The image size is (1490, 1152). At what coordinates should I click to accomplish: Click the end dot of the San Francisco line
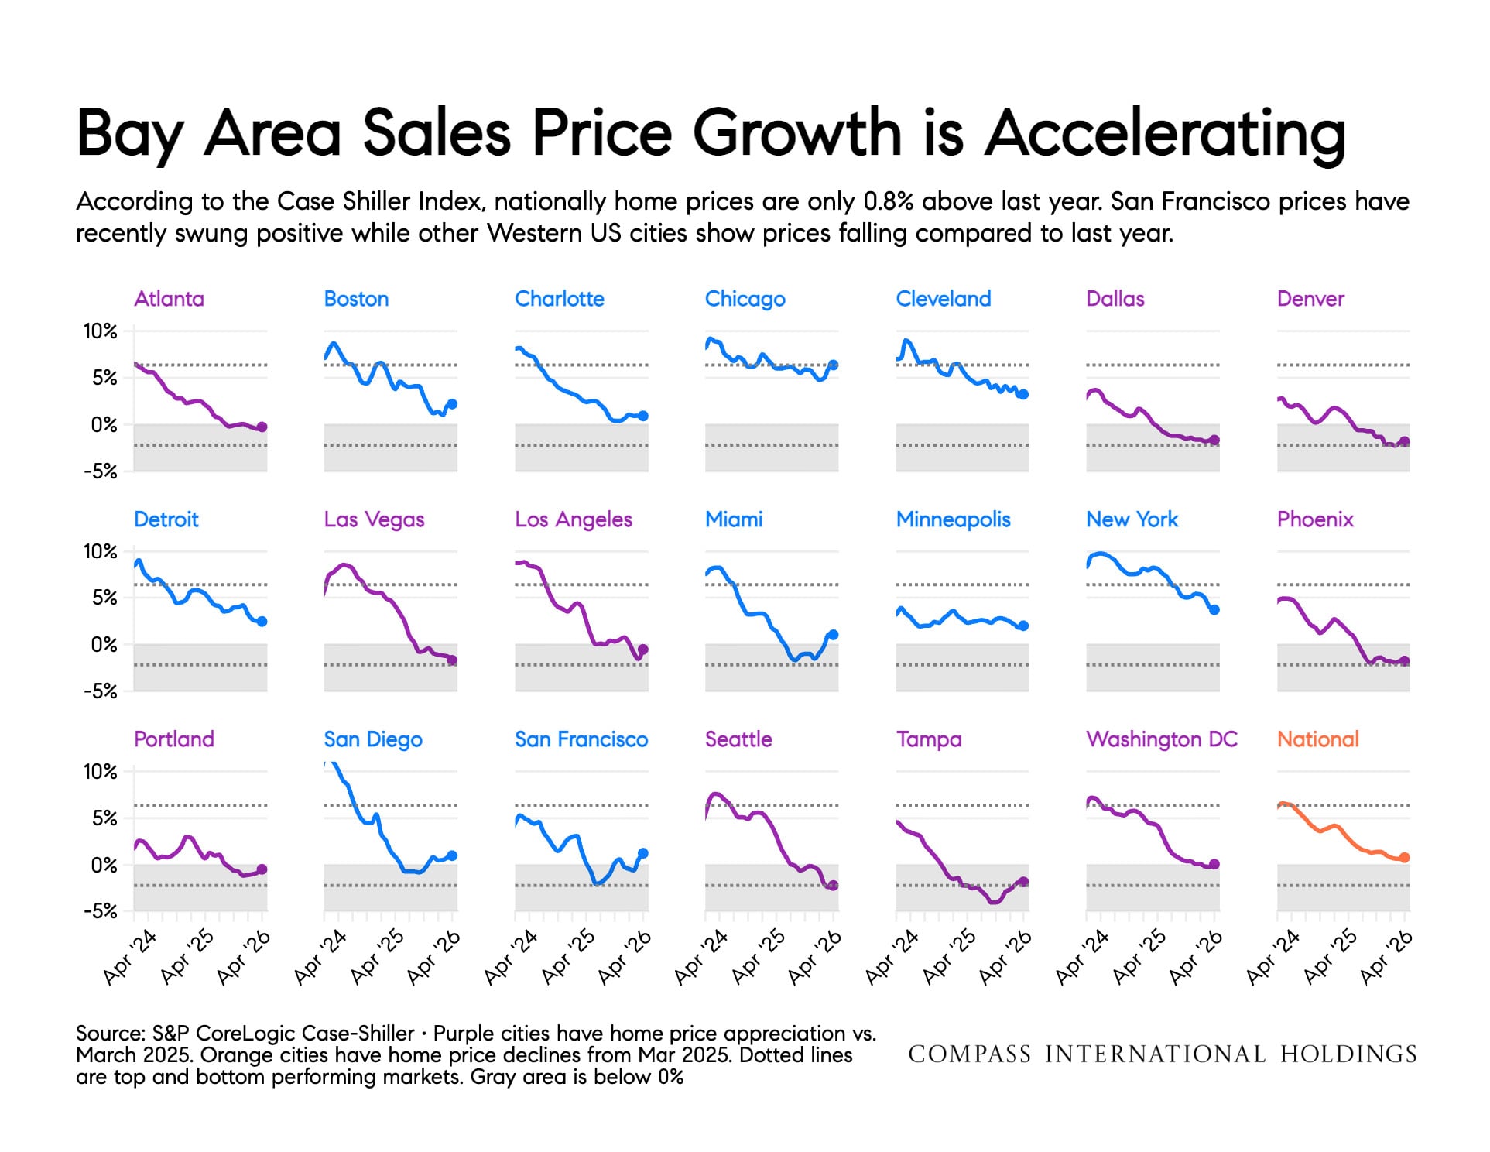pyautogui.click(x=642, y=853)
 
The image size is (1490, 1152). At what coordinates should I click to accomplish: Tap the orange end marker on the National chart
pyautogui.click(x=1404, y=858)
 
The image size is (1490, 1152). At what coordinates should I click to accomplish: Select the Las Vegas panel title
pyautogui.click(x=374, y=519)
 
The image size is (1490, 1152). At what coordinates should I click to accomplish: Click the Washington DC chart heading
pyautogui.click(x=1161, y=739)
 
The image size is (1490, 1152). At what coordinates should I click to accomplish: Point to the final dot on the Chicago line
pyautogui.click(x=833, y=365)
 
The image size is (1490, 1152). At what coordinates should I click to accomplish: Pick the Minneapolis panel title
pyautogui.click(x=953, y=519)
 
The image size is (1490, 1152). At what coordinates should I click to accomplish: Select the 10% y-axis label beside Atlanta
pyautogui.click(x=100, y=331)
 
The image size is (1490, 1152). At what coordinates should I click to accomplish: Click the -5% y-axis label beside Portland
pyautogui.click(x=100, y=911)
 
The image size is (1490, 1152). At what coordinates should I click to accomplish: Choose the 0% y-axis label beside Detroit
pyautogui.click(x=104, y=644)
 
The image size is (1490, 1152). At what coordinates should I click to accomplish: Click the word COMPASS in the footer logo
pyautogui.click(x=969, y=1054)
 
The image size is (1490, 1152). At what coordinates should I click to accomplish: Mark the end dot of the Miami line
pyautogui.click(x=833, y=635)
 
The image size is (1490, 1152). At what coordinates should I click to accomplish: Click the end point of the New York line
pyautogui.click(x=1214, y=610)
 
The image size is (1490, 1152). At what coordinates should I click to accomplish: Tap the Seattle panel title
pyautogui.click(x=738, y=739)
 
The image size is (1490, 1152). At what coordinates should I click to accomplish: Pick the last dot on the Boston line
pyautogui.click(x=452, y=404)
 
